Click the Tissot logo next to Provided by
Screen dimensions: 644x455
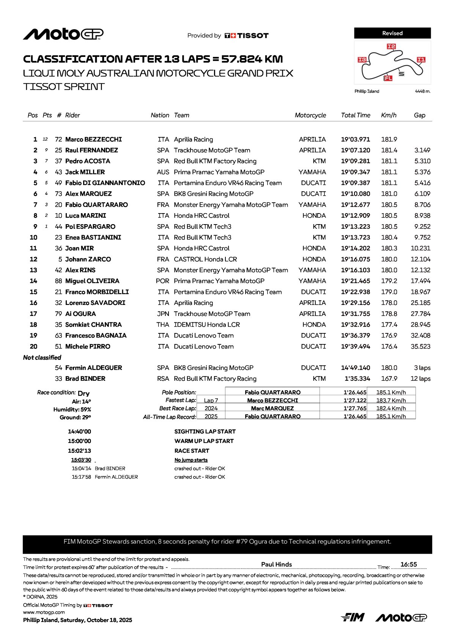247,36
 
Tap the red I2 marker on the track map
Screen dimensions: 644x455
391,47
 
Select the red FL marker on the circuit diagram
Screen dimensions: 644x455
388,78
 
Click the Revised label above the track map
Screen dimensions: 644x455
392,33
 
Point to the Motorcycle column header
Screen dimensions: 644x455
310,115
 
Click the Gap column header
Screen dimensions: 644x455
419,115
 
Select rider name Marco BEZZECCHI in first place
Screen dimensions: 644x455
93,140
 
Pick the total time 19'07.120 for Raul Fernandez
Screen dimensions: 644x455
355,151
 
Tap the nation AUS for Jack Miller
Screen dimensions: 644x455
163,172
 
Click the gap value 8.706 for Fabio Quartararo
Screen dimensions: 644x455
422,205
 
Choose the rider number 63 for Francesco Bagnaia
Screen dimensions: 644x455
58,336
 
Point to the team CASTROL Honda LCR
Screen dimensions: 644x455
205,259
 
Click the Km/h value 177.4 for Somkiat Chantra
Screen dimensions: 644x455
389,325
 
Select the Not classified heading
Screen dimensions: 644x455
42,358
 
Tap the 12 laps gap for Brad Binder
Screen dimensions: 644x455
420,379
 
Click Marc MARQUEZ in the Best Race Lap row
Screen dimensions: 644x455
272,408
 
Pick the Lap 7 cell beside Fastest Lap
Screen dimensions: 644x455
211,401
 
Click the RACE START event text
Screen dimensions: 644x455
192,451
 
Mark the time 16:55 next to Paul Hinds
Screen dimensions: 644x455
408,565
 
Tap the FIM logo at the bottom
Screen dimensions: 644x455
353,617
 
